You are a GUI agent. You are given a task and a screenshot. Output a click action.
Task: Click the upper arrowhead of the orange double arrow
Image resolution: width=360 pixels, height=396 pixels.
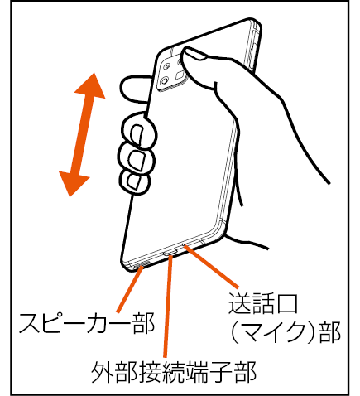(91, 87)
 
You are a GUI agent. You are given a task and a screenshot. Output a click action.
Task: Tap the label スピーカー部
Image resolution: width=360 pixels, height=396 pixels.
(86, 323)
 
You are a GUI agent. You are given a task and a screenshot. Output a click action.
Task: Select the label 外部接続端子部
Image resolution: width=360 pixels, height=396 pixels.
(174, 371)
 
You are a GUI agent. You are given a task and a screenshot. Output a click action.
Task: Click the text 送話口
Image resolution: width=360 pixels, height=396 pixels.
(262, 303)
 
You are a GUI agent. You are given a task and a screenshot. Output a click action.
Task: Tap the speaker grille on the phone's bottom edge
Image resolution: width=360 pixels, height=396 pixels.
(141, 264)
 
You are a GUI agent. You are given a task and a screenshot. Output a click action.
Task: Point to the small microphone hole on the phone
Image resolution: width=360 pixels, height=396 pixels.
(183, 244)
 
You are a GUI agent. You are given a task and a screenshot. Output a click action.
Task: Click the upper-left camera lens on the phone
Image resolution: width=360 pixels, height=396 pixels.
(167, 66)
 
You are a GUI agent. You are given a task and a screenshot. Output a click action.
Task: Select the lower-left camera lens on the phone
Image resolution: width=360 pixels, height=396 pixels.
(164, 81)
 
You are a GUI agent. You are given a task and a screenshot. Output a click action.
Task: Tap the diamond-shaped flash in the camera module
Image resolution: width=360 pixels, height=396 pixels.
(180, 75)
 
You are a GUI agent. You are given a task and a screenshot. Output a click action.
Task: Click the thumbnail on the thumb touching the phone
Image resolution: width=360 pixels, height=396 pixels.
(197, 54)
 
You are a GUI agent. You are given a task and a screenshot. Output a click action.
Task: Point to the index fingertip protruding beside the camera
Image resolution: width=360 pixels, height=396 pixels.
(135, 89)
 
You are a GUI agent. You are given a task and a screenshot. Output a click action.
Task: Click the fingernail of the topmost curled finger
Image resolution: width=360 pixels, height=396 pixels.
(137, 134)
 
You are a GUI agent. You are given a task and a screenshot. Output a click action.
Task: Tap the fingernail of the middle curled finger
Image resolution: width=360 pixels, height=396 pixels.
(137, 161)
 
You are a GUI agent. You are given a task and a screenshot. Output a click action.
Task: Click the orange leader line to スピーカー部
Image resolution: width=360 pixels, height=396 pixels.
(130, 290)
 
